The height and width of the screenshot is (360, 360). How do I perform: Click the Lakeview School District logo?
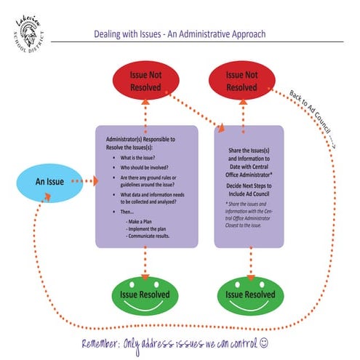(x=28, y=31)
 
